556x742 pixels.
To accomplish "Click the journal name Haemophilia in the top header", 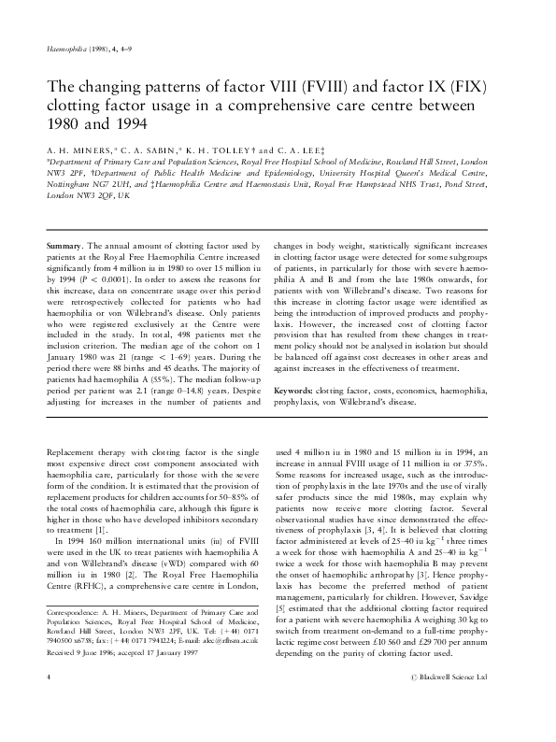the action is [64, 48].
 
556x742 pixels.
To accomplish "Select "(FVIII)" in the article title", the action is [328, 87].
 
